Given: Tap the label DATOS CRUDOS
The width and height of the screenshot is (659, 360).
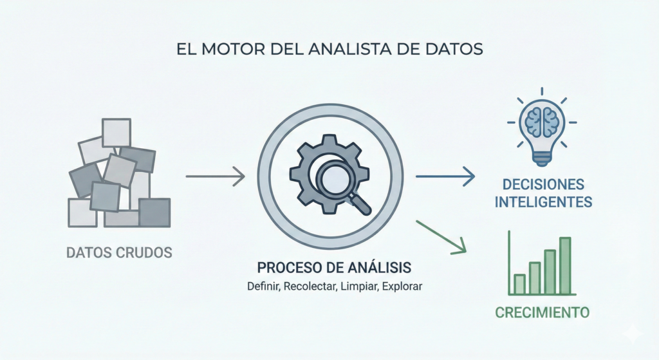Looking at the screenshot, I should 119,252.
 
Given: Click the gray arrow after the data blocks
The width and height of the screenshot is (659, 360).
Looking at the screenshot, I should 215,175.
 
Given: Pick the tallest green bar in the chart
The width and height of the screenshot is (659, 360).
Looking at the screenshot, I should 565,265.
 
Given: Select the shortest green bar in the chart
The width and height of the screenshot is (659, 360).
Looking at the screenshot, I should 520,283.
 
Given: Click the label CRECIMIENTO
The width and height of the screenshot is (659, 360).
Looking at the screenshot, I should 543,313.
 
